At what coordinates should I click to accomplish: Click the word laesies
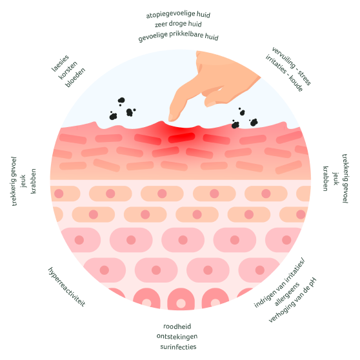[60, 63]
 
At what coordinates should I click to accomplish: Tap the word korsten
[68, 70]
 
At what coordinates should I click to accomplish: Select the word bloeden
[75, 77]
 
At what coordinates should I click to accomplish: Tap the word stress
[305, 78]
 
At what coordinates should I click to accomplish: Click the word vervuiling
[283, 57]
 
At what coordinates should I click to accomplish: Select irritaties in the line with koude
[275, 64]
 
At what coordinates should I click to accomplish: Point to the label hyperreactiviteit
[66, 286]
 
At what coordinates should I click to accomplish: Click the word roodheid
[177, 326]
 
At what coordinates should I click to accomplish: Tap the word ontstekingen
[177, 336]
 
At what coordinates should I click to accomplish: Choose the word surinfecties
[178, 346]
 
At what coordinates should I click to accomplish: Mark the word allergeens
[287, 294]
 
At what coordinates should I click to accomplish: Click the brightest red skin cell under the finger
[181, 137]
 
